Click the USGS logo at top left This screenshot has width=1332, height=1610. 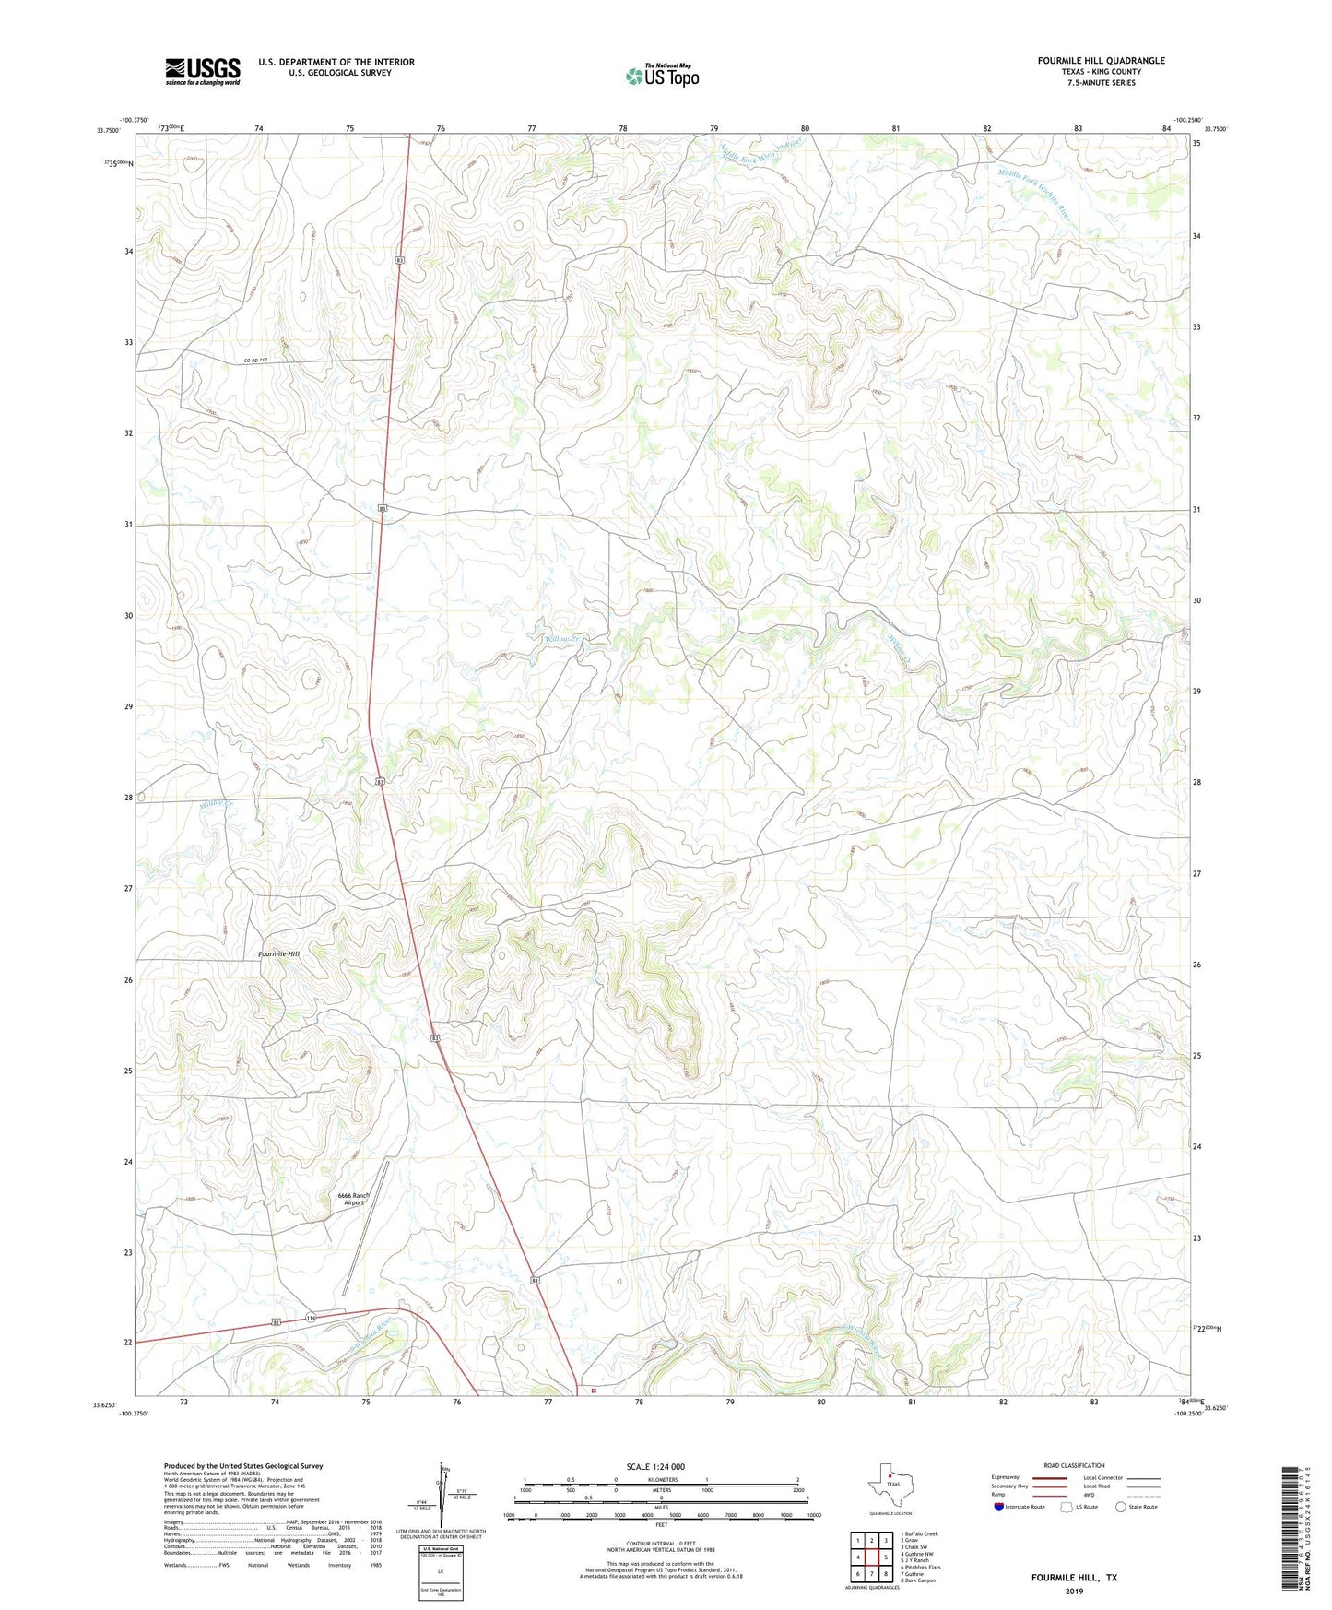click(203, 71)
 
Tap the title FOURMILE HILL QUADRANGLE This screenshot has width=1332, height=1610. click(1101, 61)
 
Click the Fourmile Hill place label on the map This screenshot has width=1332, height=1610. click(278, 953)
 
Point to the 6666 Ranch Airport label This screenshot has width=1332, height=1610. click(354, 1199)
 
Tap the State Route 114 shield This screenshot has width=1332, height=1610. click(311, 1318)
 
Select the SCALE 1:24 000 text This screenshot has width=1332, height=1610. click(655, 1466)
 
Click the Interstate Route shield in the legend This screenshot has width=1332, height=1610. click(999, 1507)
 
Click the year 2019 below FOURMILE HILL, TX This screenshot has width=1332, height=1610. click(1074, 1591)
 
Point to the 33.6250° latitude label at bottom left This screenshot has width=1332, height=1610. click(105, 1406)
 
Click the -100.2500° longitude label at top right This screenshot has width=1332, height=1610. click(1188, 120)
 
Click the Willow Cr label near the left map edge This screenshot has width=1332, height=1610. click(218, 805)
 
